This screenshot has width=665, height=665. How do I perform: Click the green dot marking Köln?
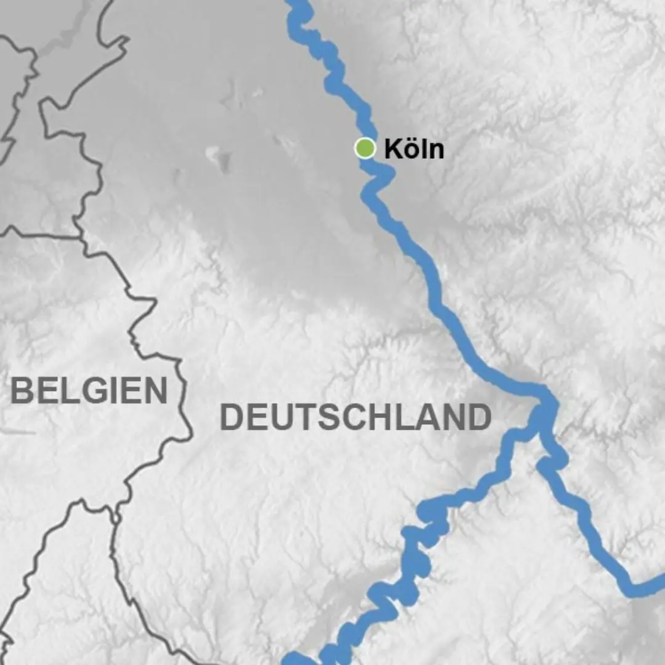[x=365, y=148]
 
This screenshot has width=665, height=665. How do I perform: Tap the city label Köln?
[x=414, y=149]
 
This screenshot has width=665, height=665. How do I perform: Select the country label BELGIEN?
[x=89, y=390]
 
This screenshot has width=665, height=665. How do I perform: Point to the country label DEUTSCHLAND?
[x=356, y=417]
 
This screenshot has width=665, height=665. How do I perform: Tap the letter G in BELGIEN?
[x=90, y=390]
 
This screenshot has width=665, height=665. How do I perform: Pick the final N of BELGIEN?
[x=156, y=390]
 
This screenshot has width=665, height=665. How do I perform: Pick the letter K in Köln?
[x=393, y=149]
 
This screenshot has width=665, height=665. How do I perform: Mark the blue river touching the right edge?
[x=659, y=582]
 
